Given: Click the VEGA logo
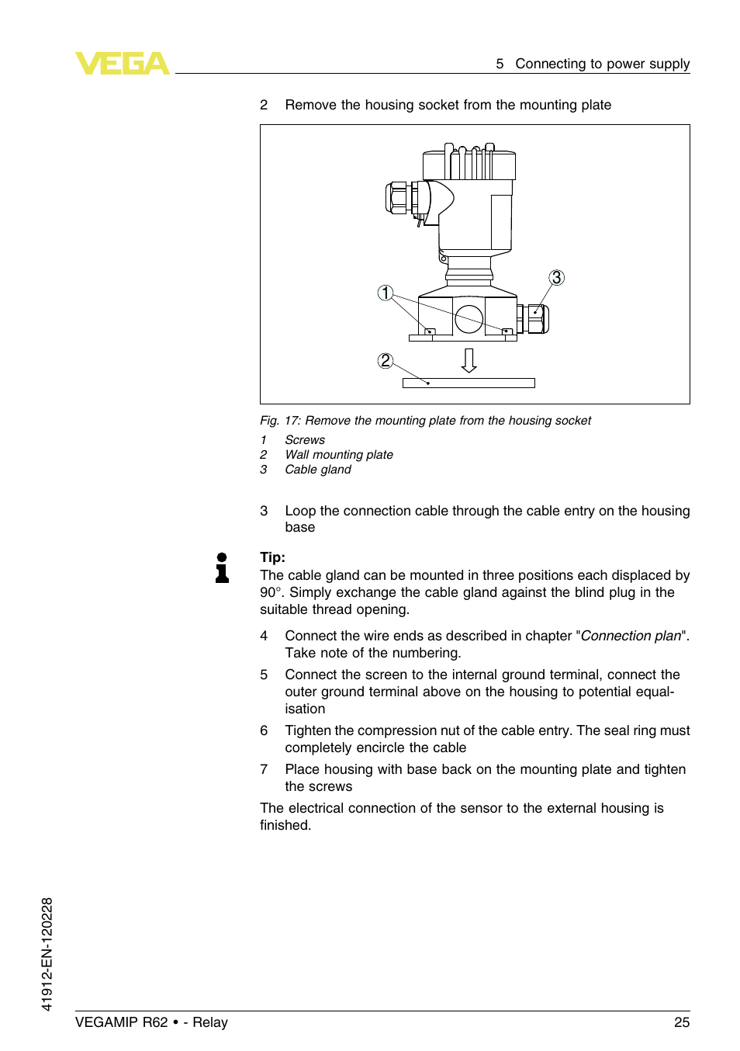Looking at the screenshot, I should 122,63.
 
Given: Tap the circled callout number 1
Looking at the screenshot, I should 386,293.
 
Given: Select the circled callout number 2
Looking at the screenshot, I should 386,360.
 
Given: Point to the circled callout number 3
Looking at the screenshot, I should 556,278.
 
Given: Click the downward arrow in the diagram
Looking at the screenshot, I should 469,360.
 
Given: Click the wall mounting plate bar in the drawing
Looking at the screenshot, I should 469,383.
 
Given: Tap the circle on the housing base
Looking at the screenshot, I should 469,318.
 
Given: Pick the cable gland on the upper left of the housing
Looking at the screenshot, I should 402,198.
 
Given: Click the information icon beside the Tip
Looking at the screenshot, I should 222,567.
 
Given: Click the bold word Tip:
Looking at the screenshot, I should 272,557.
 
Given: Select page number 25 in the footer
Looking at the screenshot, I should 681,1022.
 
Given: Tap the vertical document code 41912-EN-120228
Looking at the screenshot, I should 47,954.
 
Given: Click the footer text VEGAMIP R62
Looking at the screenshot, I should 121,1022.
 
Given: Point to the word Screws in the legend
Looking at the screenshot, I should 305,440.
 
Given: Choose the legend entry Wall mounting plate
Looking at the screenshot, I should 339,455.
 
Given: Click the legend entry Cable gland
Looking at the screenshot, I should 318,470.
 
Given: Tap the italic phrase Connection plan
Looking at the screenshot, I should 631,636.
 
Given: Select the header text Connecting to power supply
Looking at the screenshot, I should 602,64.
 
